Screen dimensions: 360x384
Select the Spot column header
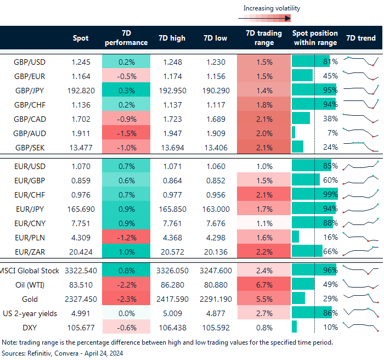[x=81, y=38]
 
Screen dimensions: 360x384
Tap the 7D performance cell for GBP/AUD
[x=126, y=132]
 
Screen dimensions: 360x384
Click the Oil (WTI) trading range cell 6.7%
[x=263, y=285]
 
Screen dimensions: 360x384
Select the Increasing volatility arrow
[x=264, y=18]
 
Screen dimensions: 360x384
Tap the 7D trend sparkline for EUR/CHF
[x=361, y=193]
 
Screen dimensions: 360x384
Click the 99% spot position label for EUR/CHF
[x=330, y=193]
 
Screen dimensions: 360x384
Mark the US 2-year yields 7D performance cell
[x=126, y=312]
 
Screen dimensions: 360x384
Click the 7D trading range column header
[x=263, y=38]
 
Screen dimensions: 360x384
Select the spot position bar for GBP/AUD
[x=294, y=132]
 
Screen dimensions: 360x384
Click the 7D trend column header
[x=361, y=38]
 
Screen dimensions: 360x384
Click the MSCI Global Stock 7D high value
[x=171, y=271]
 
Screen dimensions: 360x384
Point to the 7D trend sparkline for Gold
[x=361, y=298]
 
